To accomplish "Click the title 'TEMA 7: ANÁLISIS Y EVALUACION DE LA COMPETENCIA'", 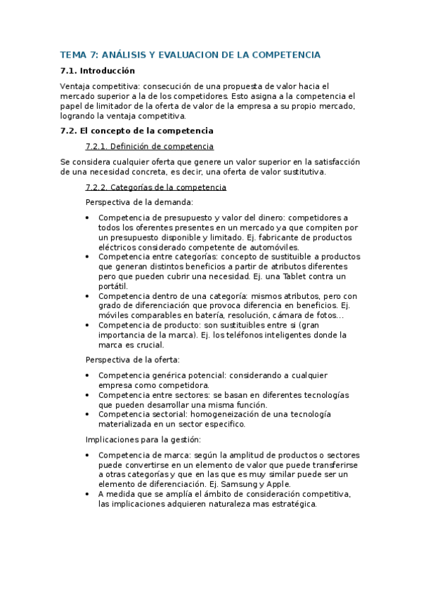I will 190,55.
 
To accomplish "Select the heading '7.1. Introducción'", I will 98,71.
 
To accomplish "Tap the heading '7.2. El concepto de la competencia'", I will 136,131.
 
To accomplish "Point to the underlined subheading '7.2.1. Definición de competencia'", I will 149,146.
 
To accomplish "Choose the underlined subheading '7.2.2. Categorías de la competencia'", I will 155,187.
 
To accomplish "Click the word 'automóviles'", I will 275,247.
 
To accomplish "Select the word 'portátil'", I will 113,286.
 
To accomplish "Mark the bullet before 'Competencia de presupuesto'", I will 87,218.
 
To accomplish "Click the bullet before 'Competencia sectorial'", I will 87,415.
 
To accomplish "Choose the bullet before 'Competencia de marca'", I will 87,455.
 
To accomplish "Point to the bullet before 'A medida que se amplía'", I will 87,494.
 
